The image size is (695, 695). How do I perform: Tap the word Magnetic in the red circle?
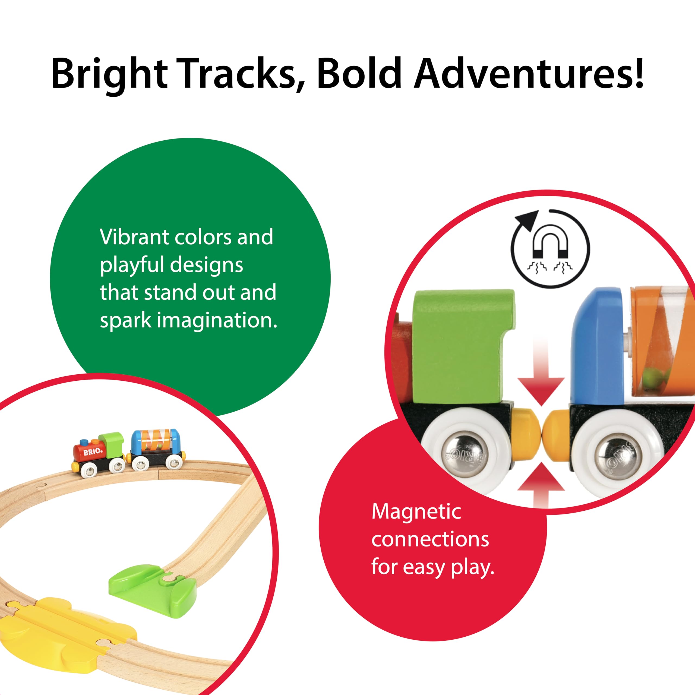416,511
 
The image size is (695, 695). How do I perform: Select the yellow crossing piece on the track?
68,626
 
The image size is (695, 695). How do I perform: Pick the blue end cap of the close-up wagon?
597,345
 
